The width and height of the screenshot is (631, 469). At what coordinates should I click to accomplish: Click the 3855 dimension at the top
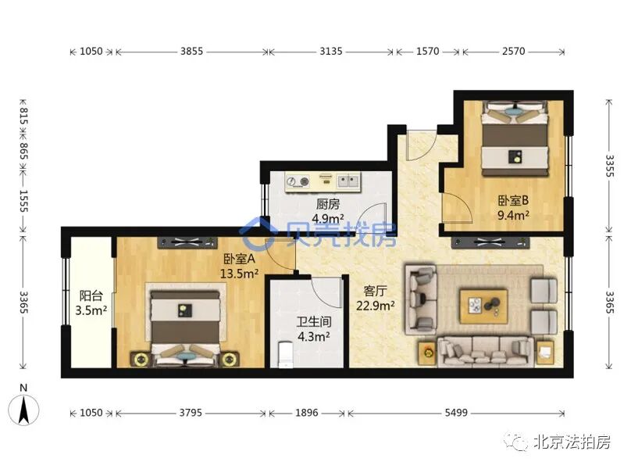coord(191,51)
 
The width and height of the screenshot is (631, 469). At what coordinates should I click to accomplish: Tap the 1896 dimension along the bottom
coord(307,413)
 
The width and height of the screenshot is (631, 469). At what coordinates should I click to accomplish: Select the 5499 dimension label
coord(456,413)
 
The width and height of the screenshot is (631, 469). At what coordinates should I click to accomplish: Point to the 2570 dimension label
coord(514,51)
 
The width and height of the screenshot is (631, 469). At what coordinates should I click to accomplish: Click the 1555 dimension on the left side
coord(23,201)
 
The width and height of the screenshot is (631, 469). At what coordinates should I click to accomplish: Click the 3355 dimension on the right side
coord(609,166)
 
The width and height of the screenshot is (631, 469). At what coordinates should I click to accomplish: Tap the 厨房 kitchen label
coord(327,204)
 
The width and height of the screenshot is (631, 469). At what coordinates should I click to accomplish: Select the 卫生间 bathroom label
coord(314,321)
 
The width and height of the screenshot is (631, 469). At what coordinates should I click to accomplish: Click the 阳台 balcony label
coord(91,295)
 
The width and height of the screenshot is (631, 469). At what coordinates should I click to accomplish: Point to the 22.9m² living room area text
coord(375,306)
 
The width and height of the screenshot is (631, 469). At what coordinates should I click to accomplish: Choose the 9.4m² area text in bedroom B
coord(513,215)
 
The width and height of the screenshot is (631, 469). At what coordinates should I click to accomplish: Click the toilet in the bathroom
coord(286,355)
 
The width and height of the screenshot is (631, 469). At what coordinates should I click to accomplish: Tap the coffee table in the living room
coord(483,306)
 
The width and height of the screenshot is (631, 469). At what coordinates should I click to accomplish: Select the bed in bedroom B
coord(515,138)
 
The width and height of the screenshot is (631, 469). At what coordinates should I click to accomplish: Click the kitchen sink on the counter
coord(348,181)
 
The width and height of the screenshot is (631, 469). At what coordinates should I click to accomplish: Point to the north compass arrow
coord(23,410)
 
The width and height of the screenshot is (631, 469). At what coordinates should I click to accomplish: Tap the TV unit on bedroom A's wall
coord(187,242)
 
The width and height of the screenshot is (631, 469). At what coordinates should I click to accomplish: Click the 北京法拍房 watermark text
coord(572,442)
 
